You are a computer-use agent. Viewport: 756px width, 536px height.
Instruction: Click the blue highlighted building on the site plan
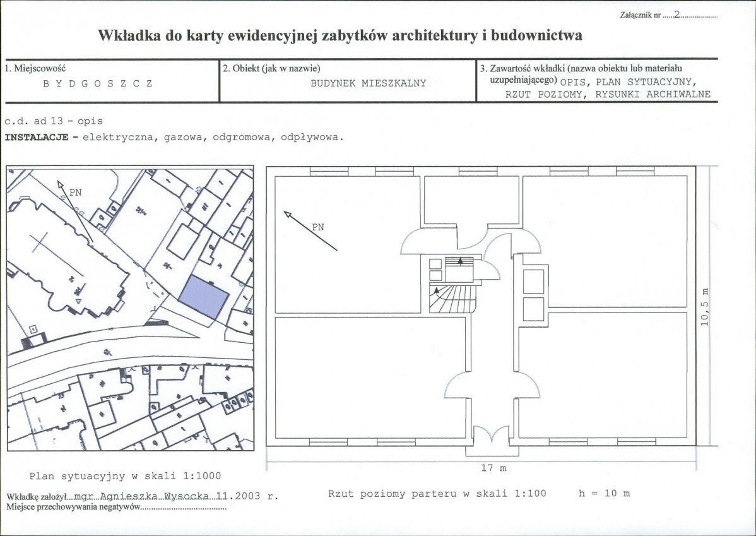click(203, 297)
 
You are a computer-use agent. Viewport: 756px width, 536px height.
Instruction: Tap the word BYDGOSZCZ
click(97, 83)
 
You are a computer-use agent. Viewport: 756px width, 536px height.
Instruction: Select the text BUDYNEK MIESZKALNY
click(368, 83)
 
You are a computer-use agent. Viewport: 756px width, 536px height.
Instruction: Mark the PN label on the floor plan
click(318, 227)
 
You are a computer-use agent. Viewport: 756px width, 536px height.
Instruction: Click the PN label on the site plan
click(75, 192)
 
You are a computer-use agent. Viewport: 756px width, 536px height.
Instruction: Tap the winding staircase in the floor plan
click(451, 298)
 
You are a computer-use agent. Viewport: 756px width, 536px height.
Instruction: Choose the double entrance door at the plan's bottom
click(491, 436)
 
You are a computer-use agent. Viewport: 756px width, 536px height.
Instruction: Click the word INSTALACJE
click(36, 136)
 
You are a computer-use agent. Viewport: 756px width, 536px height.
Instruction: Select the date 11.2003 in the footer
click(239, 496)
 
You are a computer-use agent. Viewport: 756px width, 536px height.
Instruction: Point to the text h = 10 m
click(604, 493)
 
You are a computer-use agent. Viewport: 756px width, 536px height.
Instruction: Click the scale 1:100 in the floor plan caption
click(526, 493)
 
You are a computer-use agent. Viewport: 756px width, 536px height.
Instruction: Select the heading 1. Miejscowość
click(35, 68)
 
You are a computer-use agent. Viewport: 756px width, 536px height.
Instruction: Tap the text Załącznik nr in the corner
click(639, 14)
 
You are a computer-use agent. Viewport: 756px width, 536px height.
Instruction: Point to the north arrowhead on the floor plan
click(288, 215)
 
